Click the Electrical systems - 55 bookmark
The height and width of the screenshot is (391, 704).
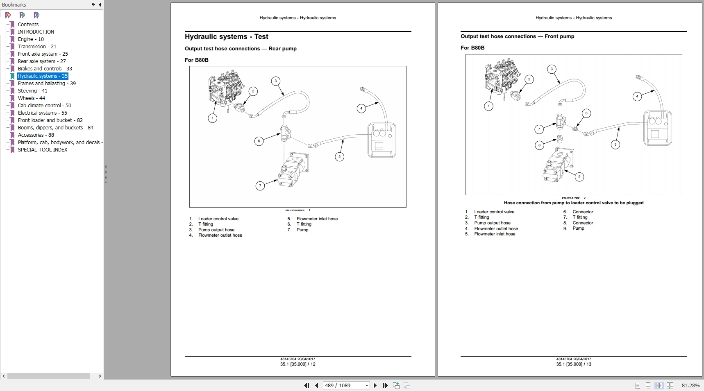[x=42, y=113]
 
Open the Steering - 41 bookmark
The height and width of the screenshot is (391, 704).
[x=32, y=90]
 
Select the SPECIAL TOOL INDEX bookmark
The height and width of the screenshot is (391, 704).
[x=42, y=149]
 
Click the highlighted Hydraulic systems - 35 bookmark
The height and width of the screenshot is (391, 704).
[x=43, y=76]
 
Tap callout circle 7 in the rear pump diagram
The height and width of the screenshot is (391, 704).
[x=260, y=186]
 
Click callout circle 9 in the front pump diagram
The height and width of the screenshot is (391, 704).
[x=579, y=177]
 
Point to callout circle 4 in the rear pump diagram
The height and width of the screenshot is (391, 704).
[x=361, y=108]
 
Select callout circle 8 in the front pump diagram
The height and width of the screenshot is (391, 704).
[x=539, y=145]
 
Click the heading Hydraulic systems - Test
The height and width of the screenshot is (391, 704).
[x=226, y=36]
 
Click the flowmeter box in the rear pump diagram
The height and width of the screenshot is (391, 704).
[x=382, y=140]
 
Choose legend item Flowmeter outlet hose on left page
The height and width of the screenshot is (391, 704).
[x=220, y=235]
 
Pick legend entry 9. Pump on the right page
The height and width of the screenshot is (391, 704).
[x=578, y=228]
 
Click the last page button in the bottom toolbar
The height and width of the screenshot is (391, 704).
[x=385, y=385]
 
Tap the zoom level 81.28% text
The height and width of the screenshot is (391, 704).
[x=690, y=385]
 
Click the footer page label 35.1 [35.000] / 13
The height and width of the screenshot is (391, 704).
[x=573, y=364]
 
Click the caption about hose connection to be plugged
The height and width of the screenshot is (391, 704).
[x=573, y=203]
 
